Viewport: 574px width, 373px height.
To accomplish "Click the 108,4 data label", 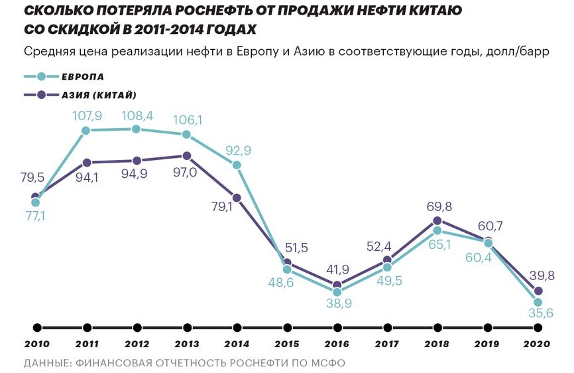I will pos(137,116).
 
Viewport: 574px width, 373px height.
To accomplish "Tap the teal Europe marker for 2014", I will pos(237,165).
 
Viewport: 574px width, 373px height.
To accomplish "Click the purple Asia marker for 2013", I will pos(186,156).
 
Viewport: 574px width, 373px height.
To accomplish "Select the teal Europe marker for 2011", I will pos(86,130).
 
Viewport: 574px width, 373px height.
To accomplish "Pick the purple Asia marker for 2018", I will pos(437,220).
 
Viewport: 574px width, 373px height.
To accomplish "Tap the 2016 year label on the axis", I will pos(337,344).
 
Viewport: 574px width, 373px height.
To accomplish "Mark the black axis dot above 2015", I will pos(288,327).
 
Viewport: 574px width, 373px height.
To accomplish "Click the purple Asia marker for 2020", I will pos(538,291).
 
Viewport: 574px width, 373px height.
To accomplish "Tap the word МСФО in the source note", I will pos(327,363).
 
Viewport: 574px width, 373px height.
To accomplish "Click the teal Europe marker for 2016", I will pos(337,291).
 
